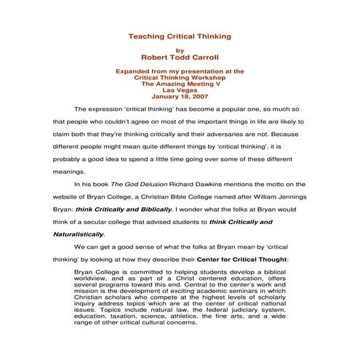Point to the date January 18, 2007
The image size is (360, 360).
(180, 96)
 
